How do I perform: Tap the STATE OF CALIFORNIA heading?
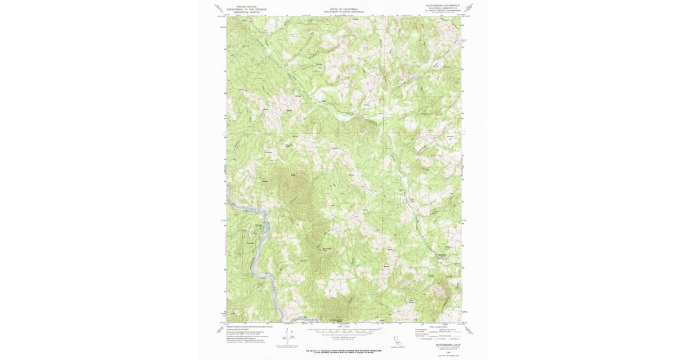tap(343, 9)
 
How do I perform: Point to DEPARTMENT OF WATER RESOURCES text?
tap(343, 11)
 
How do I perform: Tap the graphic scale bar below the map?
tap(343, 330)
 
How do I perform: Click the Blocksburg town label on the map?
tap(441, 254)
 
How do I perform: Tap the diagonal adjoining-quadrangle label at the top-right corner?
tap(469, 7)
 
